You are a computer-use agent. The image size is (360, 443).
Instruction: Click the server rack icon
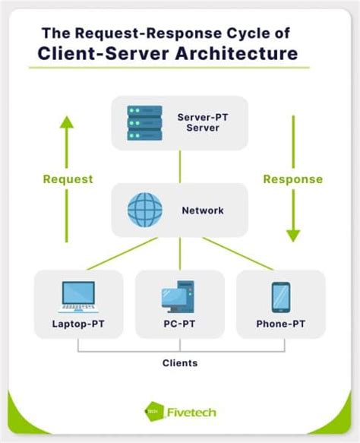click(146, 122)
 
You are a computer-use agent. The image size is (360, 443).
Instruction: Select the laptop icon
click(77, 297)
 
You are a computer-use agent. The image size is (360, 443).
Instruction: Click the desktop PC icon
click(179, 297)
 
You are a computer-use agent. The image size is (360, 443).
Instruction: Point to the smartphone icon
click(280, 297)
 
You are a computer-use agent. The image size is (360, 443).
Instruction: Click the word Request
click(68, 179)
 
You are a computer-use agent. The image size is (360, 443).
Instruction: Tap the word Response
click(292, 179)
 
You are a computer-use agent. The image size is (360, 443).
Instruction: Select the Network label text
click(203, 210)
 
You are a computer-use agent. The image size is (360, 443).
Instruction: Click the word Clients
click(180, 363)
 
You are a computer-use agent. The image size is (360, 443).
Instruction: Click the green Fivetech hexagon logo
click(153, 411)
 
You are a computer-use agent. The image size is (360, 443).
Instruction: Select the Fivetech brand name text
click(191, 412)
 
